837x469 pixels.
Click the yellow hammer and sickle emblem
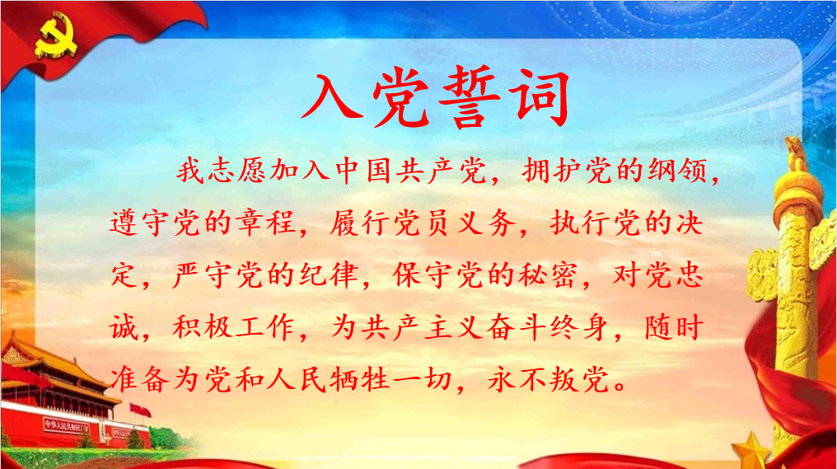(55, 37)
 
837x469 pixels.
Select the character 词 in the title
(539, 98)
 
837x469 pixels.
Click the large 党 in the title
(401, 98)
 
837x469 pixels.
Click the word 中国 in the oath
(363, 171)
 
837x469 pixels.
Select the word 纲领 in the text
(679, 171)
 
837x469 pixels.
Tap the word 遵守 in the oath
(139, 223)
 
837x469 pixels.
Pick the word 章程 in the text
(266, 223)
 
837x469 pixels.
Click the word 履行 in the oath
(359, 223)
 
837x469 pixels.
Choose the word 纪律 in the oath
(329, 275)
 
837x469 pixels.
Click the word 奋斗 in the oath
(516, 327)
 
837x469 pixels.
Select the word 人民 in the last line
(296, 379)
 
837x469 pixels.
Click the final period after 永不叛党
(621, 387)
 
